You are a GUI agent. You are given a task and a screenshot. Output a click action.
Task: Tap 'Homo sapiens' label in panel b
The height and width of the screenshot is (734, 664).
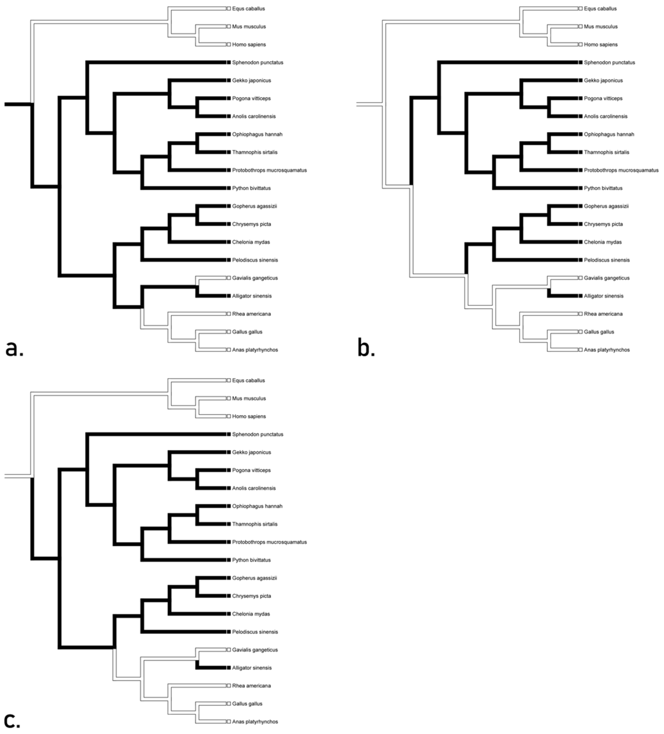point(601,45)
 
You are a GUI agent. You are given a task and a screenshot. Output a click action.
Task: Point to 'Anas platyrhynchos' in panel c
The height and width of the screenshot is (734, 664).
point(255,722)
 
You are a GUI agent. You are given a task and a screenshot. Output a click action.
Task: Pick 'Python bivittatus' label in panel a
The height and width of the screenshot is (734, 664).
point(251,188)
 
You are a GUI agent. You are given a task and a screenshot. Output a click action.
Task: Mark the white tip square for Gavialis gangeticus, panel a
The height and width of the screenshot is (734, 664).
point(229,278)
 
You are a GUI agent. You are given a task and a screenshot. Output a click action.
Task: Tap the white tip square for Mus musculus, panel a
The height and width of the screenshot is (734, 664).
point(229,27)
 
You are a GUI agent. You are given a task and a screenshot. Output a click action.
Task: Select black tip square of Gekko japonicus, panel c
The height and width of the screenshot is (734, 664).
point(229,452)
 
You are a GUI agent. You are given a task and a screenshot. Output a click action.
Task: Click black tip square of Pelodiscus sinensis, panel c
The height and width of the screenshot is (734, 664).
point(229,632)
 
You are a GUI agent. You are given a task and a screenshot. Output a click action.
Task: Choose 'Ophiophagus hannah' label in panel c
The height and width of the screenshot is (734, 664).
point(257,506)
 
